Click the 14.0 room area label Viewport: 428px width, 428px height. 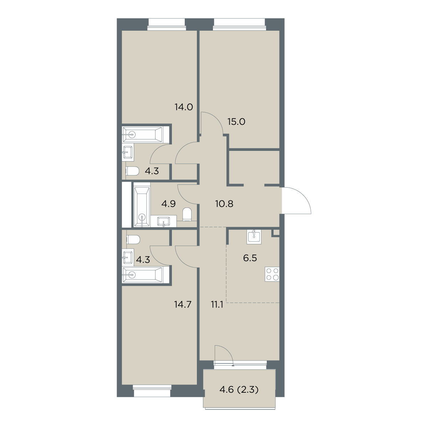point(183,107)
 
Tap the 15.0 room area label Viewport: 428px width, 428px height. point(236,122)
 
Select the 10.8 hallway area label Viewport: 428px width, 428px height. point(224,204)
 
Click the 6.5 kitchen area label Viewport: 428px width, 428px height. point(250,258)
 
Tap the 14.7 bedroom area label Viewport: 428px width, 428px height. point(183,304)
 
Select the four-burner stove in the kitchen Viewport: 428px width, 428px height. point(272,274)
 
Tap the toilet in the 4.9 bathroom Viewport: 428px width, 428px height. point(187,214)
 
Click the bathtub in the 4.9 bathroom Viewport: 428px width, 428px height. point(142,207)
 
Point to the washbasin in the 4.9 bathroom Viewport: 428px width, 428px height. point(163,221)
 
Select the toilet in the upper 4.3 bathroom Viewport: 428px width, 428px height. point(132,171)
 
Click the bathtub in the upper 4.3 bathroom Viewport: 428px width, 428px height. point(143,134)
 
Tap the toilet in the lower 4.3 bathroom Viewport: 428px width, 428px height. point(133,240)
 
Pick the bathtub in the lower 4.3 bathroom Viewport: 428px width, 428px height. point(143,275)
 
